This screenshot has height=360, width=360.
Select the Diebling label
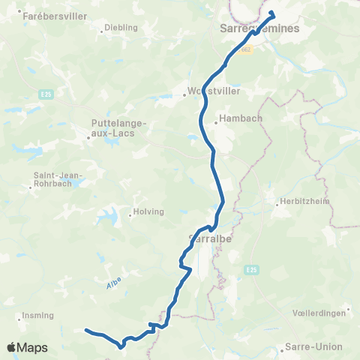pyautogui.click(x=122, y=27)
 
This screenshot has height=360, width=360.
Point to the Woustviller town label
pyautogui.click(x=206, y=94)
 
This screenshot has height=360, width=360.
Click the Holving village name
pyautogui.click(x=148, y=211)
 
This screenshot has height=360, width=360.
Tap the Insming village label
pyautogui.click(x=37, y=315)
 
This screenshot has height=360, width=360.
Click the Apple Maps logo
pyautogui.click(x=27, y=348)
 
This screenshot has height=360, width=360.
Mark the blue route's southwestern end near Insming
pyautogui.click(x=85, y=330)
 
